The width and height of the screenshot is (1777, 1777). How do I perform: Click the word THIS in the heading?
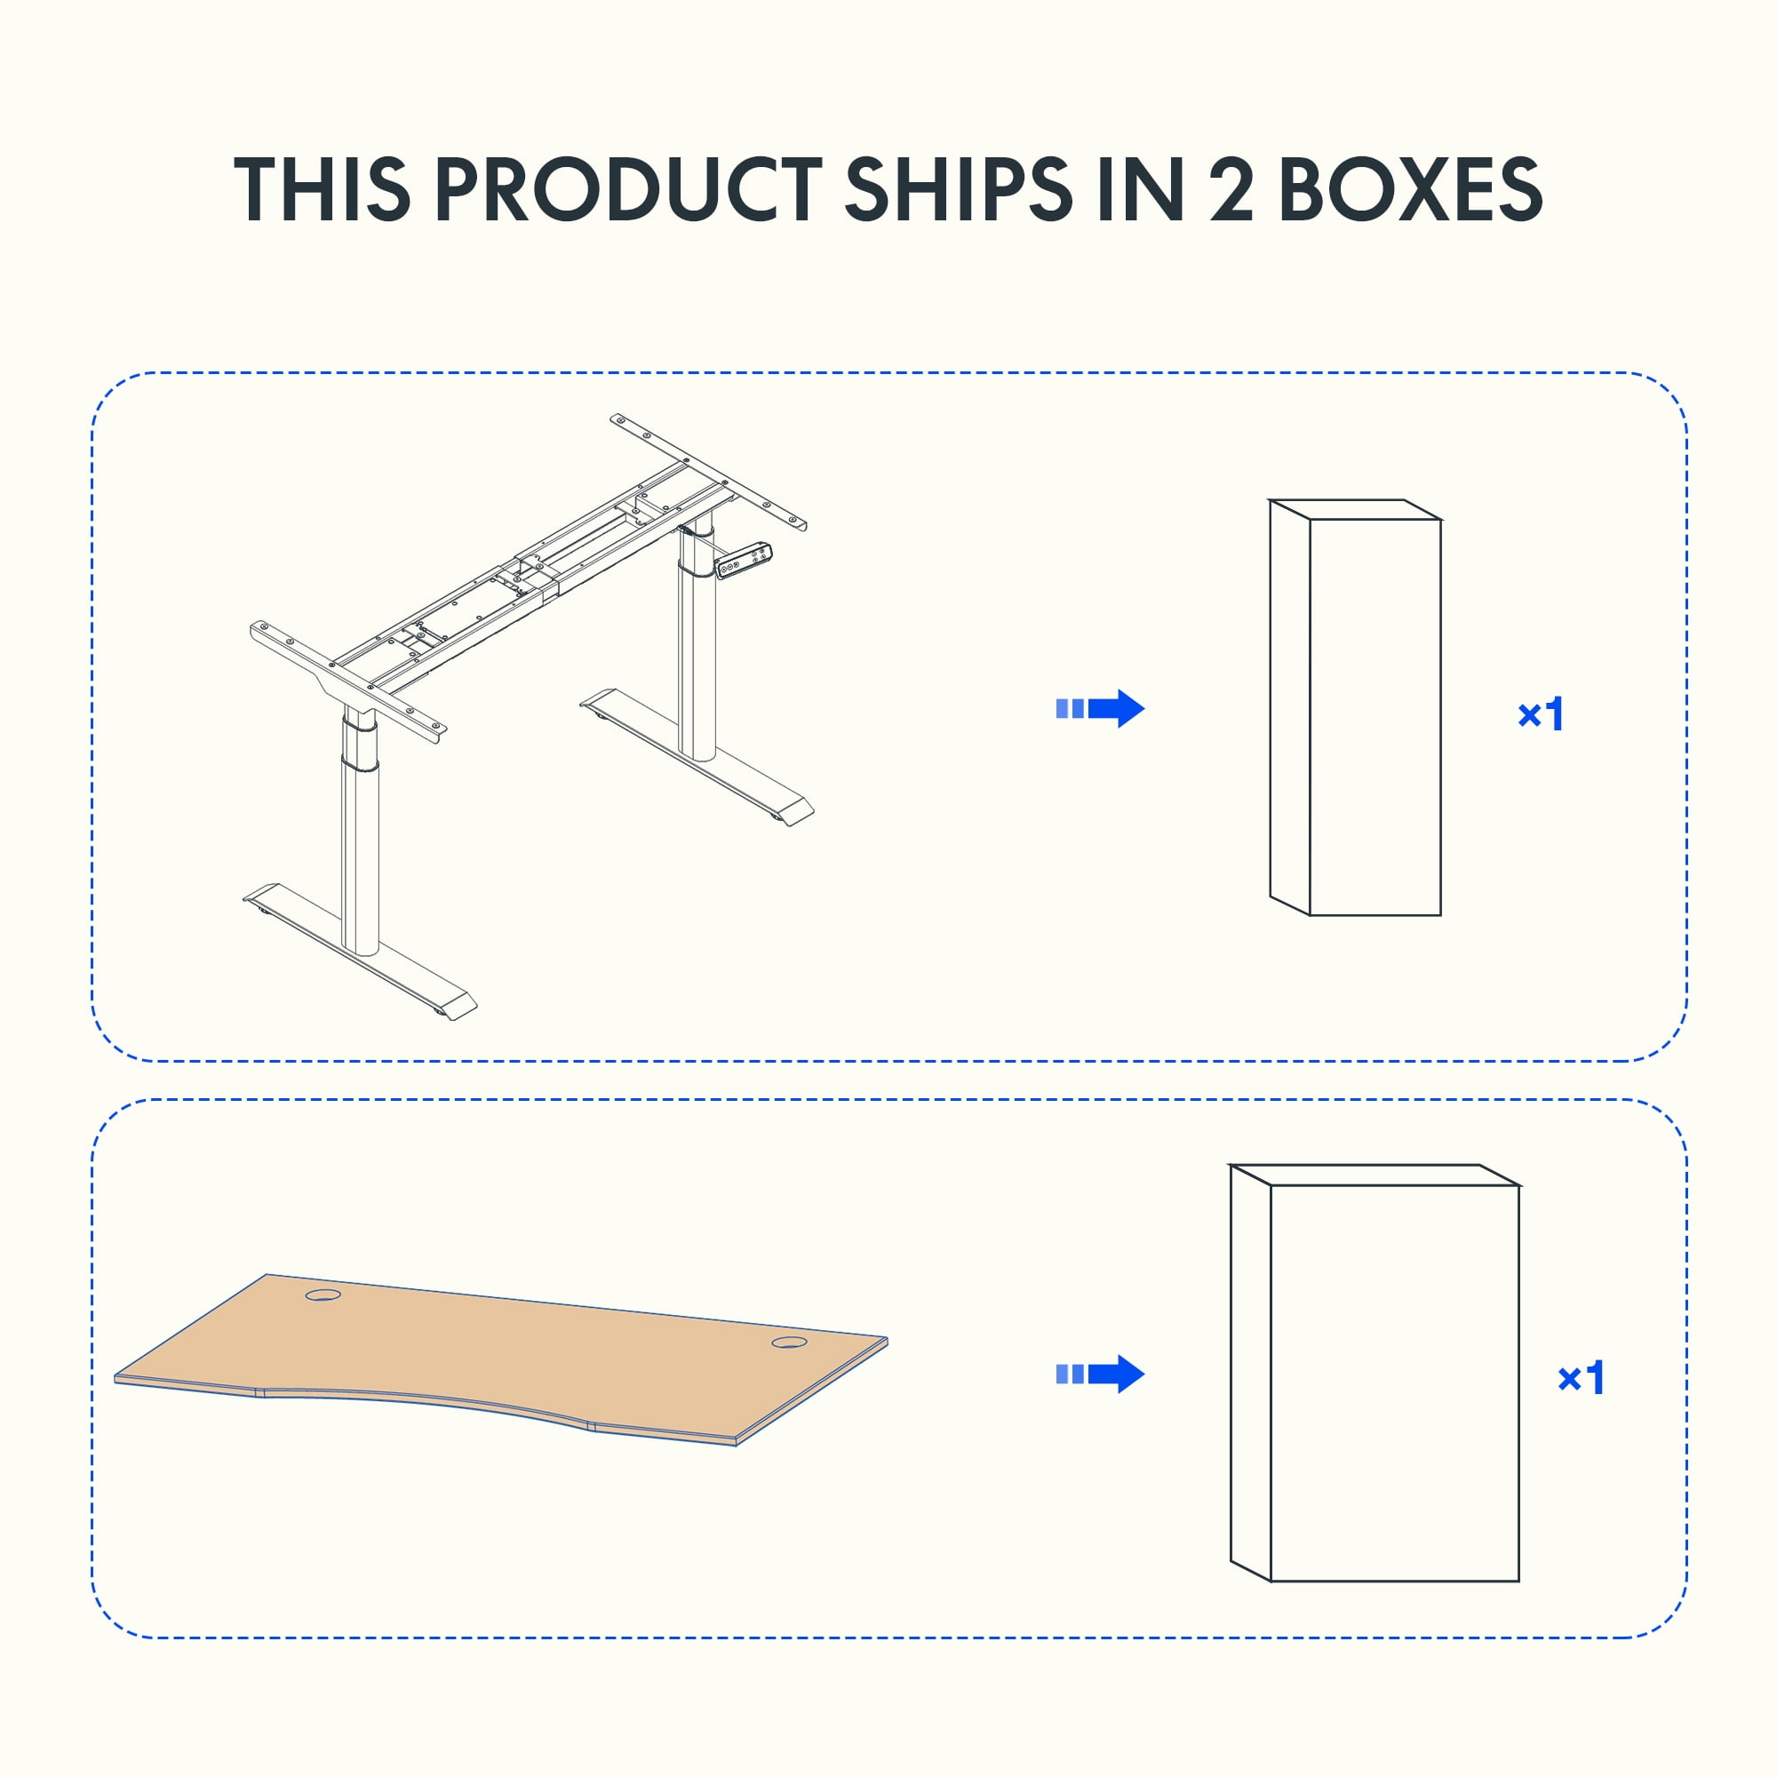pyautogui.click(x=321, y=188)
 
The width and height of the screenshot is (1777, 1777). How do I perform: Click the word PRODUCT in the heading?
pyautogui.click(x=628, y=188)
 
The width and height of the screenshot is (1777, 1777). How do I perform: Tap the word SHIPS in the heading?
pyautogui.click(x=959, y=188)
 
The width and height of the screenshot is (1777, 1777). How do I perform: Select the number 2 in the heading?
pyautogui.click(x=1231, y=188)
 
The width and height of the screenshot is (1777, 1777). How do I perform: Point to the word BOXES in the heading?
pyautogui.click(x=1411, y=188)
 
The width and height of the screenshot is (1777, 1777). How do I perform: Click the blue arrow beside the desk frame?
pyautogui.click(x=1100, y=708)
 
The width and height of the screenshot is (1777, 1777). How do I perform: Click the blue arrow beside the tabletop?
pyautogui.click(x=1100, y=1375)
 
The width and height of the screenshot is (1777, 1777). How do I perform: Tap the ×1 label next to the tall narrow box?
pyautogui.click(x=1541, y=714)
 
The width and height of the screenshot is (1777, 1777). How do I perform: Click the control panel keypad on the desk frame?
pyautogui.click(x=744, y=560)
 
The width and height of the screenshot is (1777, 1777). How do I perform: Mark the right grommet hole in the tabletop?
pyautogui.click(x=789, y=1343)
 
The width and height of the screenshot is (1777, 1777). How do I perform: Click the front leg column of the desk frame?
pyautogui.click(x=360, y=833)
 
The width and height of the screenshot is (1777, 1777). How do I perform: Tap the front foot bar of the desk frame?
pyautogui.click(x=361, y=952)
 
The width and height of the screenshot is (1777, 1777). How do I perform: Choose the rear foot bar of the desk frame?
pyautogui.click(x=697, y=757)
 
